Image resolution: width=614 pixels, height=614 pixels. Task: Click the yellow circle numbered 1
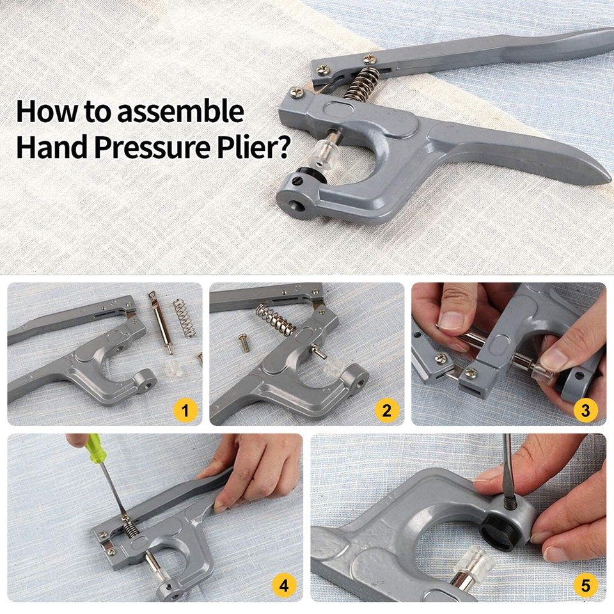185,410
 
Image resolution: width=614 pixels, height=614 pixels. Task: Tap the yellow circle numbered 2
386,410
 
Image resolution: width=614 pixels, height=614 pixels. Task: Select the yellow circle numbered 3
585,410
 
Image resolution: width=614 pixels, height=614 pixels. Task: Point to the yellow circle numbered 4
283,585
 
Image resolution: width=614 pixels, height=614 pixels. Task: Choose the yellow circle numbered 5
586,585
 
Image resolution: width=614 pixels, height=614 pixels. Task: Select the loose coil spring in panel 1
184,318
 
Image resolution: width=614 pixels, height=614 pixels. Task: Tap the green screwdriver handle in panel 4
95,453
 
